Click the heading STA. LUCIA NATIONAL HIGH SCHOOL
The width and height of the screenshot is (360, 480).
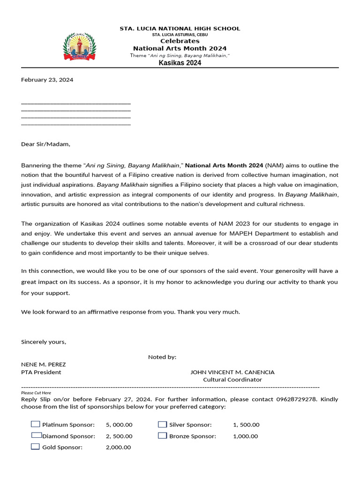(x=180, y=29)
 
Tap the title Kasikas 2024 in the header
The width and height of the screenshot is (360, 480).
(x=180, y=63)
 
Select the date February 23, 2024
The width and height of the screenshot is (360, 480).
(x=47, y=80)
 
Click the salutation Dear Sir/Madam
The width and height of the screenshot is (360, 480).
(x=45, y=144)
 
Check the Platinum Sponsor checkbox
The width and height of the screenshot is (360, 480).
(x=36, y=424)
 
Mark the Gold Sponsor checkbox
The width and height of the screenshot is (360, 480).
(x=36, y=447)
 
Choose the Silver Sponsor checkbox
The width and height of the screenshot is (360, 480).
(x=162, y=424)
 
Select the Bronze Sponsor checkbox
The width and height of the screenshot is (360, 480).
(x=162, y=435)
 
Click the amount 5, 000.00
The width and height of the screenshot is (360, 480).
(x=119, y=425)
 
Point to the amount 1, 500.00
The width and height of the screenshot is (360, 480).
(x=246, y=425)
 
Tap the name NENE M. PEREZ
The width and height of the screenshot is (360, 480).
(x=44, y=364)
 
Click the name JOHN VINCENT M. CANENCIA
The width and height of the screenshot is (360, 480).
(x=232, y=372)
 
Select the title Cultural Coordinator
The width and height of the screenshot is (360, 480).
(x=232, y=380)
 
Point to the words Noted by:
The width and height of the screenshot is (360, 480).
(x=162, y=357)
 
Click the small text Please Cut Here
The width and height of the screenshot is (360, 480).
(x=36, y=393)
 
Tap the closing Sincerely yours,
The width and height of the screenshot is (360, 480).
(x=44, y=342)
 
